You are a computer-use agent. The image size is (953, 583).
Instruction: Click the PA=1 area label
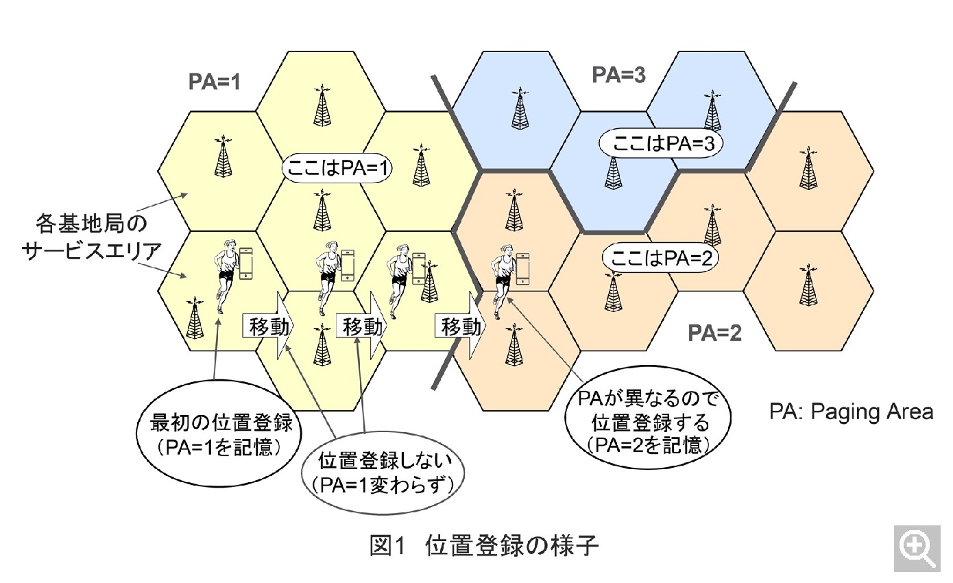click(x=215, y=82)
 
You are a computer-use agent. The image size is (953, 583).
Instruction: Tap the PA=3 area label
click(x=618, y=75)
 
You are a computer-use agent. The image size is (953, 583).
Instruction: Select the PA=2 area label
click(x=715, y=334)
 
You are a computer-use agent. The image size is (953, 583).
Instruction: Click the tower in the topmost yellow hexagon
click(x=321, y=106)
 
